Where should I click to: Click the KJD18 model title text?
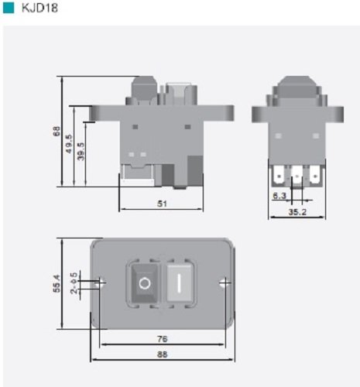(x=39, y=8)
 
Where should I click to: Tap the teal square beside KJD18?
(x=9, y=8)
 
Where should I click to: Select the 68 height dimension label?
(x=57, y=131)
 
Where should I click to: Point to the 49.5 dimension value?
(x=69, y=144)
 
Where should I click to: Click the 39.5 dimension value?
(x=81, y=152)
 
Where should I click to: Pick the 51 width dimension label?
(x=162, y=204)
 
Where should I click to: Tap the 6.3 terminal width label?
(x=279, y=196)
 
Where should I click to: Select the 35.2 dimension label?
(x=297, y=212)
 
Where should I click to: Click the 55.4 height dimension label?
(x=57, y=283)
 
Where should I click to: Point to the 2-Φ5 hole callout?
(x=74, y=283)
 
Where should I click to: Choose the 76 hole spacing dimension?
(x=163, y=339)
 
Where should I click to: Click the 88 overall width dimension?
(x=163, y=354)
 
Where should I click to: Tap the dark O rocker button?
(x=145, y=283)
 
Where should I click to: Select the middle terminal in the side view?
(x=297, y=176)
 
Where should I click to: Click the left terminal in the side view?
(x=278, y=176)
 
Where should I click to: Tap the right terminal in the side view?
(x=315, y=176)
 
